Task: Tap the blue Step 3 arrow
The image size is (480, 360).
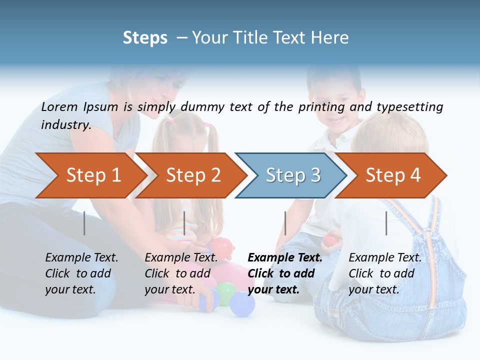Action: click(292, 175)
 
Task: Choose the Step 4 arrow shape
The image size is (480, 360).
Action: click(392, 175)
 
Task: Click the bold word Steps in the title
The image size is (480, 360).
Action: click(145, 38)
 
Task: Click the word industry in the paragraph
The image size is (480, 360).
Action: click(65, 125)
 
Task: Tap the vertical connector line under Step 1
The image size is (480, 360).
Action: click(84, 223)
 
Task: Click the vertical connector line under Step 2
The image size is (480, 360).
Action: click(184, 223)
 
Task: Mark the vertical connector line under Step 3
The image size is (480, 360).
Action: click(285, 223)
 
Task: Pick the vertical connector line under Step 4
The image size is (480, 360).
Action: click(386, 223)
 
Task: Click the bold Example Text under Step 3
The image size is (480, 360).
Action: click(285, 258)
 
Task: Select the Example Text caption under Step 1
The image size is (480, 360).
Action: click(81, 258)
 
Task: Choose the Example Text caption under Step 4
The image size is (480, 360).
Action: click(385, 258)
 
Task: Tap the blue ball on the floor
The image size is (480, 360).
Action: click(242, 304)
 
